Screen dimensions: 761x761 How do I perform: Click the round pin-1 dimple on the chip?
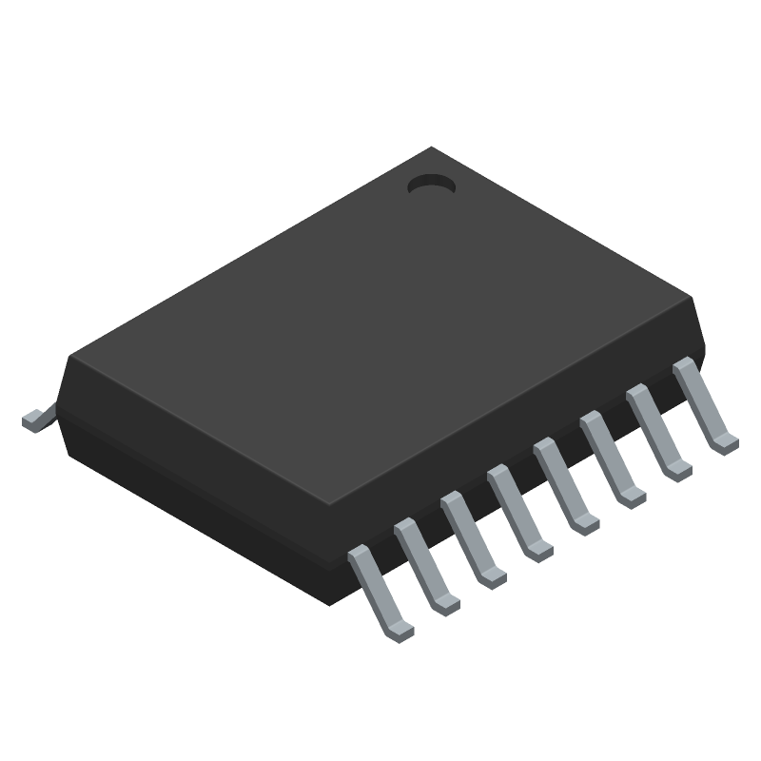pyautogui.click(x=431, y=185)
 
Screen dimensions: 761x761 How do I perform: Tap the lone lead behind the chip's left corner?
pyautogui.click(x=34, y=420)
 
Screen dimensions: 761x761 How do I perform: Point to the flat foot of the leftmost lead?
pyautogui.click(x=402, y=630)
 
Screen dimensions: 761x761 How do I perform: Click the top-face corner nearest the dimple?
pyautogui.click(x=433, y=148)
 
